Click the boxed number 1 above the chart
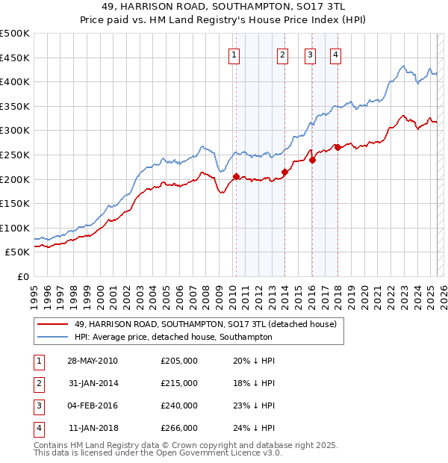click(234, 54)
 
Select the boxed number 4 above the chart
click(336, 54)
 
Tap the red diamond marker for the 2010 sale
click(237, 177)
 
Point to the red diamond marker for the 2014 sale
click(284, 172)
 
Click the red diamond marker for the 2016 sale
click(312, 160)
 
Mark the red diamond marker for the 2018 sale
click(337, 147)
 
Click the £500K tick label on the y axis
click(15, 34)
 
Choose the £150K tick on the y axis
click(15, 203)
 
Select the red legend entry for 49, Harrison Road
click(205, 324)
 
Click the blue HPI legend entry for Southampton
click(173, 337)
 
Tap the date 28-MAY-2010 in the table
click(93, 361)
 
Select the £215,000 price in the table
click(179, 383)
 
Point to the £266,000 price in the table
click(179, 428)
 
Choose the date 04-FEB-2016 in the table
click(93, 405)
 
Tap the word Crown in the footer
click(224, 445)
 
